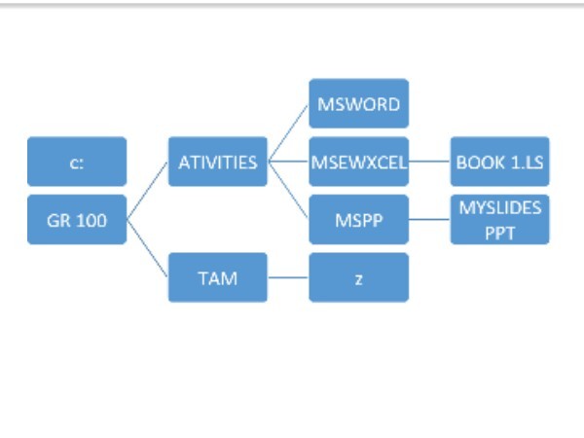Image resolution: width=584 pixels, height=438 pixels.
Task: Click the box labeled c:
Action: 77,162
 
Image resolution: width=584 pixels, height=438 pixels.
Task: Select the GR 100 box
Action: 77,219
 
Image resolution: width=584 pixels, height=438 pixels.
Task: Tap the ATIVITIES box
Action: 218,162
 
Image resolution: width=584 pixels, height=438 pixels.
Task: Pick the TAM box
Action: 218,277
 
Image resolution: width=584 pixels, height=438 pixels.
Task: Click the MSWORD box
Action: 358,103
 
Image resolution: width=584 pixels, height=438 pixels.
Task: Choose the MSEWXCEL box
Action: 358,162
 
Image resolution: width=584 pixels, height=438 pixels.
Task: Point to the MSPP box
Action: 358,219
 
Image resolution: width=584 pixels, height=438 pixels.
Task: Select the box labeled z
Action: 358,277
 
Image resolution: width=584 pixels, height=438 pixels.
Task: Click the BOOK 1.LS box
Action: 500,162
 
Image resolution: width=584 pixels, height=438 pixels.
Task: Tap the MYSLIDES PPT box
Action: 500,219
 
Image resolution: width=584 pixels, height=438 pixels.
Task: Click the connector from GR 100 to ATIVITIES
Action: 148,191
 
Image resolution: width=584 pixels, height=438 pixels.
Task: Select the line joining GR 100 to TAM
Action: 148,248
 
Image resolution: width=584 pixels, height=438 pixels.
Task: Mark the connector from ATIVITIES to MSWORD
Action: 288,132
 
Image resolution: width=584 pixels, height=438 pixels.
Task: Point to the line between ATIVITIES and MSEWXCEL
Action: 288,162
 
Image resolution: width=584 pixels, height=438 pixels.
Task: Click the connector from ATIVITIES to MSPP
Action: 288,191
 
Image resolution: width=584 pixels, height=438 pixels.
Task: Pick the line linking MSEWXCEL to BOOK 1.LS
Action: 429,162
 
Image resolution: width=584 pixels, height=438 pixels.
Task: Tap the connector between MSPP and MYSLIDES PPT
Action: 429,219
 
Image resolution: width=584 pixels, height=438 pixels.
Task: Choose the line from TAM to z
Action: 288,277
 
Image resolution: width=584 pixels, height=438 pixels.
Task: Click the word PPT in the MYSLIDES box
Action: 500,234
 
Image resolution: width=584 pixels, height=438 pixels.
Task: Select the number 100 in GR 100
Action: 91,221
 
